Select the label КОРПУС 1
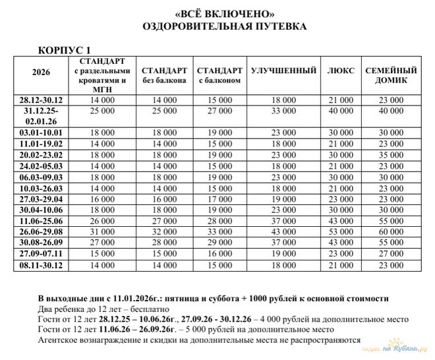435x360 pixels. click(x=66, y=51)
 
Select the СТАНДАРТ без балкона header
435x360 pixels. click(x=164, y=75)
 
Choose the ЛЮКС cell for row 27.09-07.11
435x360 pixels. click(x=341, y=255)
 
